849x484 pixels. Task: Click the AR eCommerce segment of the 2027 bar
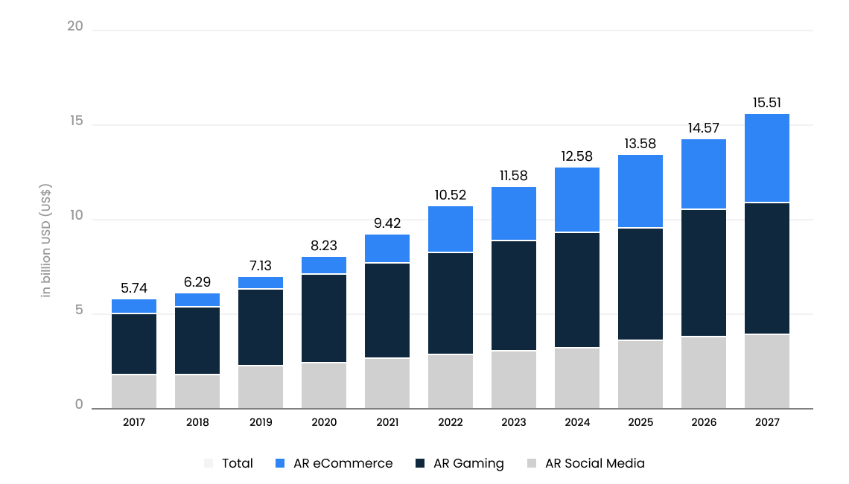point(767,158)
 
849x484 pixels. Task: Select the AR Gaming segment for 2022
point(451,303)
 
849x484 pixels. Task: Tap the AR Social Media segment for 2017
point(134,391)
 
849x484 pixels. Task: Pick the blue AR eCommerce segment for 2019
point(261,283)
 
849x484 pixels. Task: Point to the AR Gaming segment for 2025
point(640,284)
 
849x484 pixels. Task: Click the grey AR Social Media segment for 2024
point(577,378)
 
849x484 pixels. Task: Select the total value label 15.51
point(767,103)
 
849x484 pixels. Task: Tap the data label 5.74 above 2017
point(134,287)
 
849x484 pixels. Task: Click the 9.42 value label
point(387,222)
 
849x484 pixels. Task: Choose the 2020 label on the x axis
point(324,422)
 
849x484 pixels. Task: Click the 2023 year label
point(514,422)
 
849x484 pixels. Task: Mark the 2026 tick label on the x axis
point(704,422)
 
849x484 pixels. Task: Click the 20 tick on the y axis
point(74,27)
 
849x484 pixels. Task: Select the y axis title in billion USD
point(46,240)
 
